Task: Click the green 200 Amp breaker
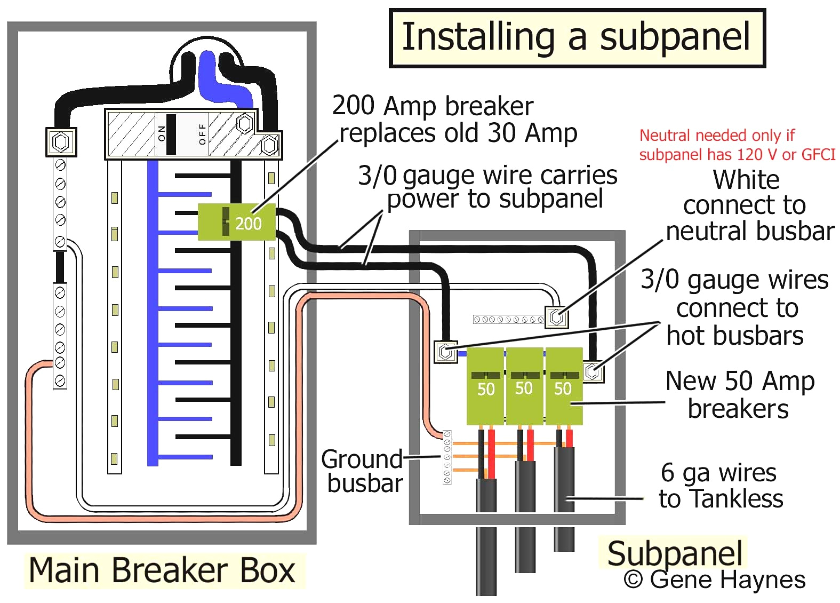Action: coord(237,222)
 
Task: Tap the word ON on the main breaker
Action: coord(161,133)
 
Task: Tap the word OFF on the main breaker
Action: coord(202,134)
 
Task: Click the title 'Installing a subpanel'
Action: coord(577,37)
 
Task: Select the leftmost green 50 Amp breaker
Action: coord(485,386)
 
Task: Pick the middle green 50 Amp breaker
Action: coord(524,386)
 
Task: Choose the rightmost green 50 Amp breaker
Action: coord(563,386)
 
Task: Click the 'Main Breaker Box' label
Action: coord(162,570)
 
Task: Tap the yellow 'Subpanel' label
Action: coord(674,553)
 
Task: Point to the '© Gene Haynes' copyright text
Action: coord(715,580)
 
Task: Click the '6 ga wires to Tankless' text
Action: coord(721,486)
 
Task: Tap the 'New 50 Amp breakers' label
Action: coord(740,395)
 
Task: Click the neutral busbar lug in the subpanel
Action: coord(556,317)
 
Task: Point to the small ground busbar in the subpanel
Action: coord(447,457)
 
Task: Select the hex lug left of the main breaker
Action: coord(61,142)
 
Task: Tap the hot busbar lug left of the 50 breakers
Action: coord(445,352)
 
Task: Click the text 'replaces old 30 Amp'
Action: coord(459,133)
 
